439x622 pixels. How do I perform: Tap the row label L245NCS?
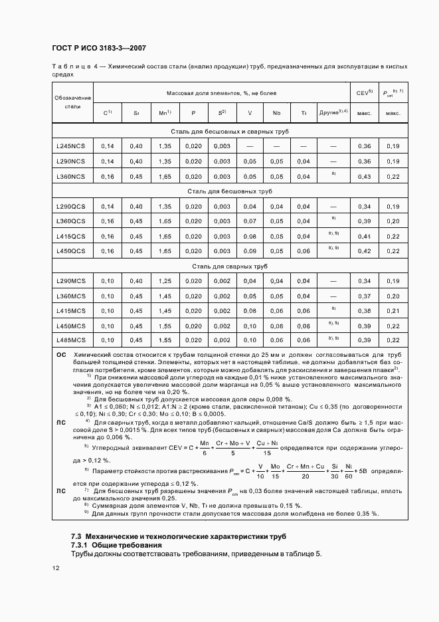click(x=70, y=146)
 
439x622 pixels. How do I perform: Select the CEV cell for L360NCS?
click(x=364, y=176)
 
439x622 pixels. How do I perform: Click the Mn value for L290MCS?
click(x=165, y=281)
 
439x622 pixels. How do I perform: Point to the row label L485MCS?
click(x=70, y=340)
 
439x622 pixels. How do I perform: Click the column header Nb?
click(x=276, y=113)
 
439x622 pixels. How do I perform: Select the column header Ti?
click(x=304, y=113)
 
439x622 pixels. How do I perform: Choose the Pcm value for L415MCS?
click(x=393, y=310)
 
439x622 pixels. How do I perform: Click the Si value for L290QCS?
click(x=136, y=207)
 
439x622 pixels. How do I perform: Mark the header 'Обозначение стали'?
click(x=72, y=102)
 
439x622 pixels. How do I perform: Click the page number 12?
click(x=56, y=568)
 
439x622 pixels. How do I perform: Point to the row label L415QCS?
click(x=70, y=236)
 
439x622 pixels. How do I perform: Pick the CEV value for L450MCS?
click(x=364, y=325)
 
